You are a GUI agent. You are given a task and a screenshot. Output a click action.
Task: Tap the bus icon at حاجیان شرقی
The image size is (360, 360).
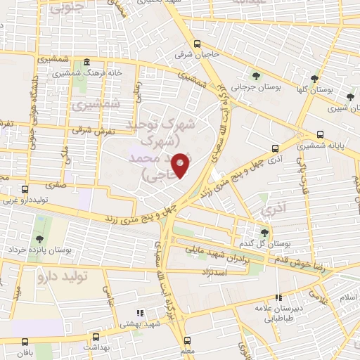pos(198,42)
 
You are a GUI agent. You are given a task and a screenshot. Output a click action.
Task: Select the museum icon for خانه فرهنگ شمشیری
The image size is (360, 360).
pos(85,62)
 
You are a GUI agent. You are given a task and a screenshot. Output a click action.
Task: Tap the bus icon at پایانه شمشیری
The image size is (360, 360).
pos(321,134)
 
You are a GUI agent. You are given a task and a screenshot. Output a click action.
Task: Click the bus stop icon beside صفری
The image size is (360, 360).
pos(25,189)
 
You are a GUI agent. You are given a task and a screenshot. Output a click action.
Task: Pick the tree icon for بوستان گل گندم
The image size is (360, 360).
pos(264,232)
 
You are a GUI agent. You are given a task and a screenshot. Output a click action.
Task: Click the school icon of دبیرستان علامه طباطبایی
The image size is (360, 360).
pos(280,298)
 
